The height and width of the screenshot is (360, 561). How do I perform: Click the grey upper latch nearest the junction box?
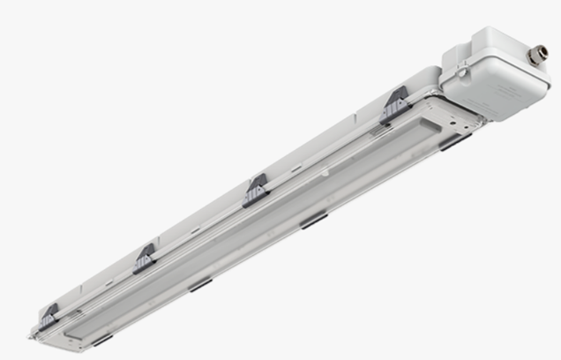pos(394,106)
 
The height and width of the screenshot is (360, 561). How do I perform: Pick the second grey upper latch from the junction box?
pos(256,190)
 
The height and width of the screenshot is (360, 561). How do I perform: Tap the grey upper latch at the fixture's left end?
pos(49,316)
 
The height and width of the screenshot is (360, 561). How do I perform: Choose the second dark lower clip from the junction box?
pos(314,221)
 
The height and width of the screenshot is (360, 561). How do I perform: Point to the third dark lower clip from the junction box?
pos(200,284)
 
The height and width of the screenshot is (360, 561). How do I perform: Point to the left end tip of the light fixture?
pos(34,334)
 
